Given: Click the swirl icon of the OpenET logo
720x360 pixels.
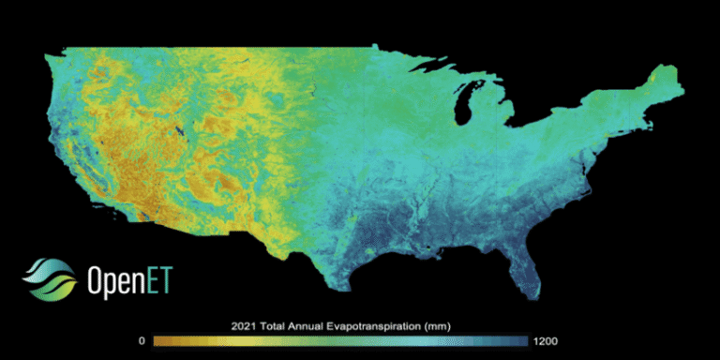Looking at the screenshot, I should (x=43, y=278).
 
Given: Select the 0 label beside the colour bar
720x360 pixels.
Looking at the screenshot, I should (x=141, y=341).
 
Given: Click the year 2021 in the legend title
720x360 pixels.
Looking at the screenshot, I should (x=243, y=326).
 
